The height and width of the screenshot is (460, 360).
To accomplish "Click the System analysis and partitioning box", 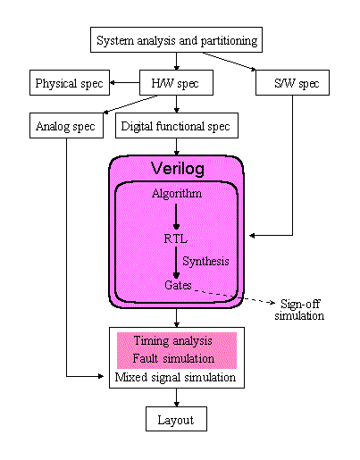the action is [x=176, y=40].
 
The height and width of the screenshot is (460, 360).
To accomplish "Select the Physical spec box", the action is [x=70, y=83].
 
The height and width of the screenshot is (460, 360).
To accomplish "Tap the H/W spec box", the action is [x=176, y=83].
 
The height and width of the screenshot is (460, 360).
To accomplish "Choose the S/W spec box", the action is [x=292, y=83].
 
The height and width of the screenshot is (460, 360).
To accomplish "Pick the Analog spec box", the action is [x=66, y=125].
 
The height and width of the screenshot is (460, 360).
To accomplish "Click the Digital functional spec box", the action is [x=177, y=125].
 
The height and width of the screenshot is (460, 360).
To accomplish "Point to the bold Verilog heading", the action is [x=178, y=169].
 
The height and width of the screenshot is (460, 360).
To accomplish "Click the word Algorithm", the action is [x=177, y=194].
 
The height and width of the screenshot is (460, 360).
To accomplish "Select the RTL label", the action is [x=176, y=238].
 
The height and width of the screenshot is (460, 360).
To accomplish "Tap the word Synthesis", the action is [x=205, y=262].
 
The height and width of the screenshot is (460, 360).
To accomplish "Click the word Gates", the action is [x=178, y=285].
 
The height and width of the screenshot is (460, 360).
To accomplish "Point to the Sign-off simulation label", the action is [x=299, y=310].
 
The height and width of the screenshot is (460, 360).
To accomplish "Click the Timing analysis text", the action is [x=173, y=340].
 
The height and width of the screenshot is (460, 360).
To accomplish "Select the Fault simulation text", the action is [x=173, y=358].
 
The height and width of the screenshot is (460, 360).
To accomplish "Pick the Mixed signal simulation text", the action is [x=175, y=377].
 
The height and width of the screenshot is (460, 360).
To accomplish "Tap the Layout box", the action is [x=176, y=419].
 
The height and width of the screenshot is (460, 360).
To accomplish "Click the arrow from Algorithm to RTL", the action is [x=176, y=216].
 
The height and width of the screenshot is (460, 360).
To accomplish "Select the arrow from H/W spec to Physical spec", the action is [x=125, y=83].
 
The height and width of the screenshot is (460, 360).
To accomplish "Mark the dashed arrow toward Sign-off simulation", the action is [x=234, y=296].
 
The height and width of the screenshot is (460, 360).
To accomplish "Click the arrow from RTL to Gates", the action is [x=176, y=263].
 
